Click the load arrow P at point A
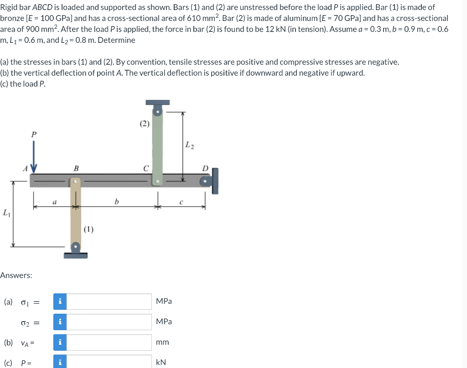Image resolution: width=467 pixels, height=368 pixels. click(x=34, y=156)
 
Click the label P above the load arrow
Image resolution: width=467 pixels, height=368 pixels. click(x=34, y=135)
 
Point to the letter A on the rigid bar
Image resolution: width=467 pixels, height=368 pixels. click(x=26, y=169)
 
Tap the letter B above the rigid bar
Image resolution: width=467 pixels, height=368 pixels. click(x=76, y=169)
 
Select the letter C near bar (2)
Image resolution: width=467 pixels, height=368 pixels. click(x=145, y=169)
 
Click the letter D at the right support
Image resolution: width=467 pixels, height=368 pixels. click(x=205, y=169)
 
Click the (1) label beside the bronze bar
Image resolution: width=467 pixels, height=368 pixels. click(x=88, y=229)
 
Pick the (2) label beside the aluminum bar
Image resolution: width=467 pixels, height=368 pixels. click(x=145, y=124)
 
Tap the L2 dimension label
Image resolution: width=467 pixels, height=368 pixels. click(x=189, y=145)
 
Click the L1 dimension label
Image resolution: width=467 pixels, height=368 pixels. click(x=6, y=213)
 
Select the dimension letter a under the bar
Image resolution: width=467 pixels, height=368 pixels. click(x=54, y=202)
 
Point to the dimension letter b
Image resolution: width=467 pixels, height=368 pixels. click(x=116, y=202)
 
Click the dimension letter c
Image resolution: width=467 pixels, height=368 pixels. click(x=181, y=202)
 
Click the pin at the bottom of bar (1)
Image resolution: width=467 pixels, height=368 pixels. click(x=76, y=247)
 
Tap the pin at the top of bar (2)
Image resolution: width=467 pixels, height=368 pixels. click(x=157, y=112)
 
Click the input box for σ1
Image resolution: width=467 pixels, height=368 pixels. click(x=109, y=301)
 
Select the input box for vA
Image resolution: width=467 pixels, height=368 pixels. click(x=109, y=342)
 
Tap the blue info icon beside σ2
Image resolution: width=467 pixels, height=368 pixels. click(x=60, y=322)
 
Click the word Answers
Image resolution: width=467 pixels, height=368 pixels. click(x=16, y=275)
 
